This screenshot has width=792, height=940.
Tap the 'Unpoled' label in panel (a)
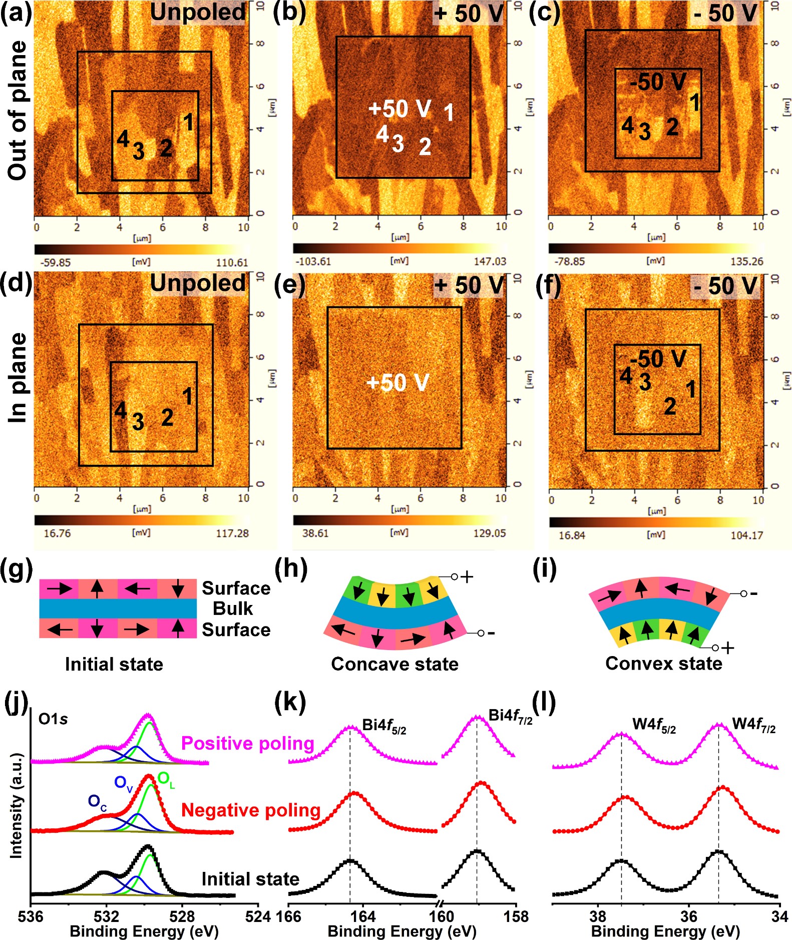point(198,13)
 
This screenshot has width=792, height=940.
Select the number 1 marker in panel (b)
point(449,113)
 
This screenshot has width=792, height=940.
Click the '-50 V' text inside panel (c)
point(658,82)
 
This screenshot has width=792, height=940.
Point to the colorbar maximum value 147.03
point(490,261)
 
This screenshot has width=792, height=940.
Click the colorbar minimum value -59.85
point(56,262)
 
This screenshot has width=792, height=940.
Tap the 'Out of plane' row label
point(18,110)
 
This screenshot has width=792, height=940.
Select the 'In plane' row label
point(18,378)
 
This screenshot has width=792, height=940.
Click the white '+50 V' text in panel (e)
point(398,383)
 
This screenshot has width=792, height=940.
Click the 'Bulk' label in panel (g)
point(233,608)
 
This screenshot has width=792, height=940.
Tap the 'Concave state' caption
point(394,664)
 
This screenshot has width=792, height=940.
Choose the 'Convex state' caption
point(663,664)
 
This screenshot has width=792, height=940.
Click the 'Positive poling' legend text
point(247,743)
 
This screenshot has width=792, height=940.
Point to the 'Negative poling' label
point(250,810)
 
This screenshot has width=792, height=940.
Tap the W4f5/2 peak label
point(654,725)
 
